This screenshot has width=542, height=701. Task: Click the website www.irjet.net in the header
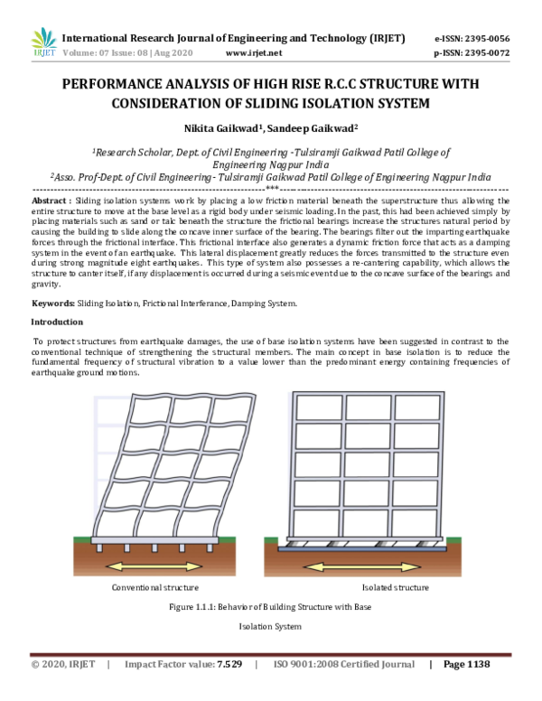point(250,53)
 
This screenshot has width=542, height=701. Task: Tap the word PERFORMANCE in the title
point(117,84)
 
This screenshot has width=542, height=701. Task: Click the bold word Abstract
point(49,199)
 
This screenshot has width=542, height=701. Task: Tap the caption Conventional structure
point(154,588)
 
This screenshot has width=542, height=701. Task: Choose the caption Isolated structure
point(395,588)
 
